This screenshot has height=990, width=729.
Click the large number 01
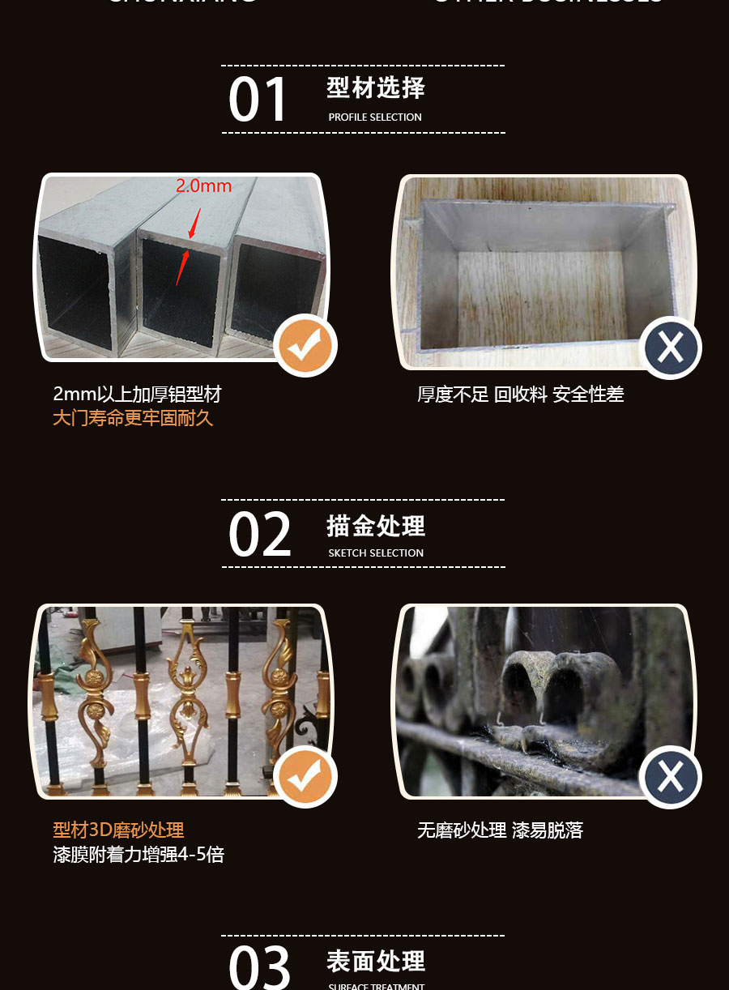pos(258,100)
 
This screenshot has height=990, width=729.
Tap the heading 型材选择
pos(376,88)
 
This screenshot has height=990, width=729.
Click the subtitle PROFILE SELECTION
pos(375,117)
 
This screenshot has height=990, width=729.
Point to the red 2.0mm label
pos(204,186)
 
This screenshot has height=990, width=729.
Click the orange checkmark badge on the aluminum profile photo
pos(305,346)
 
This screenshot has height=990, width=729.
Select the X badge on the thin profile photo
pos(670,348)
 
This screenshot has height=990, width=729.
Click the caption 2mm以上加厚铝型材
pos(137,395)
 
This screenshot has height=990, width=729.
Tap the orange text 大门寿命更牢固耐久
pos(133,419)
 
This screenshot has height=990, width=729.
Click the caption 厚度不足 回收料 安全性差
pos(520,395)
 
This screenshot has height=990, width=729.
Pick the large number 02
pos(259,536)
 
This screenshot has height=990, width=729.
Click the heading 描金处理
pos(376,526)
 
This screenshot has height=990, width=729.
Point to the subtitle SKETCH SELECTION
pos(376,553)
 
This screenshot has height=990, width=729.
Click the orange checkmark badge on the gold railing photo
pos(305,777)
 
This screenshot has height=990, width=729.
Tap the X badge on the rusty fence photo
pos(670,777)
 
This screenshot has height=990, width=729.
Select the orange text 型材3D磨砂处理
pos(118,830)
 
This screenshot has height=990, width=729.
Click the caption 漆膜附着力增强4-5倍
pos(139,855)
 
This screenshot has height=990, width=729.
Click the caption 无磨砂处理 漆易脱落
pos(500,830)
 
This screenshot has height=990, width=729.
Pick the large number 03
pos(259,967)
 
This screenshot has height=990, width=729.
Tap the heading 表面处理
pos(376,962)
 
